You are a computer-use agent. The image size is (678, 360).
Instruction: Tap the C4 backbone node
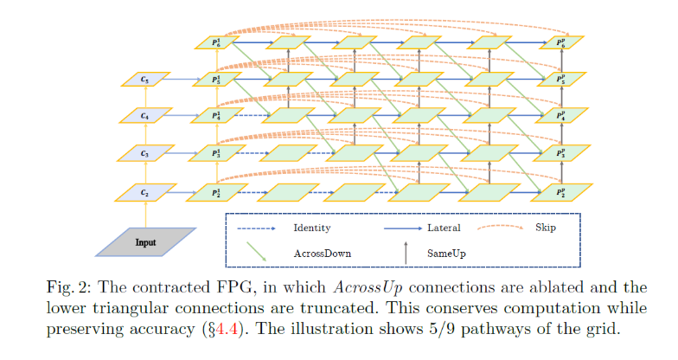point(145,116)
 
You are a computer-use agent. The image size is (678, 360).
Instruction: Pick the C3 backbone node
point(145,153)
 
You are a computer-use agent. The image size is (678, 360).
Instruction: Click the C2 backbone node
point(145,190)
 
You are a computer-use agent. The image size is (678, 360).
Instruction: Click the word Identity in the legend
point(312,228)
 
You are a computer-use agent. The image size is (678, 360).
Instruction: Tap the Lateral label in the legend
point(444,228)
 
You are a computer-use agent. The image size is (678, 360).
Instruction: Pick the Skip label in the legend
point(545,228)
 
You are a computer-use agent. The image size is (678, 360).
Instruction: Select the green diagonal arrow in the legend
point(257,251)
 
